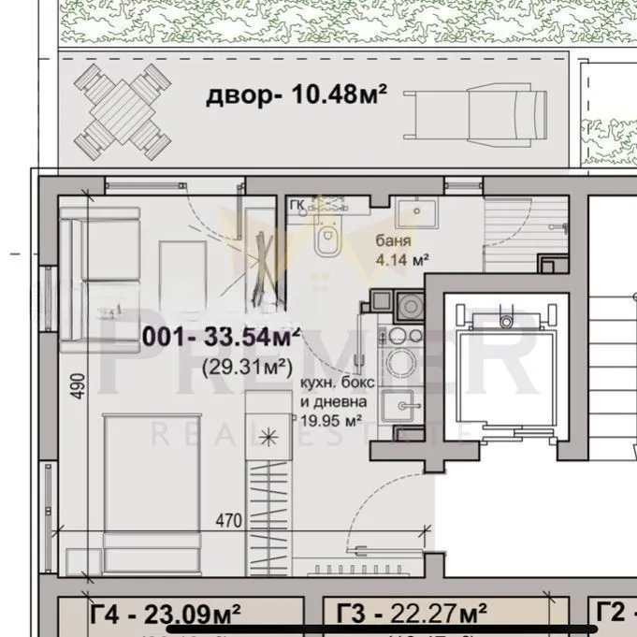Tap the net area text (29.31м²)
[243, 365]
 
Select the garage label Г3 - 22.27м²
[411, 614]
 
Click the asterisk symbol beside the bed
[269, 435]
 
